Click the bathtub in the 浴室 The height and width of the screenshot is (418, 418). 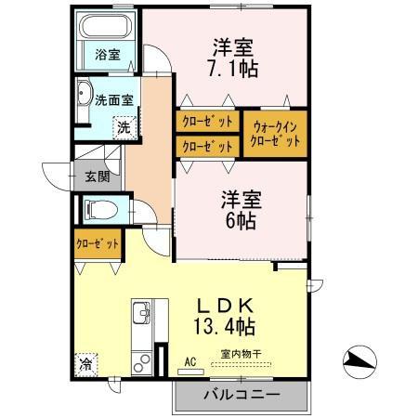pos(106,26)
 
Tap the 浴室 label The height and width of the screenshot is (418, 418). pos(108,55)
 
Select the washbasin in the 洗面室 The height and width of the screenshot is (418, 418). pos(84,93)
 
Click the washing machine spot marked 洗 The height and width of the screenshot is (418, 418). pos(124,127)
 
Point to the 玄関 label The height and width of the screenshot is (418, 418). pos(98,176)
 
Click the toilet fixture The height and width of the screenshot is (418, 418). pos(101,209)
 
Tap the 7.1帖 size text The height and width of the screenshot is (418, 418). pos(233,69)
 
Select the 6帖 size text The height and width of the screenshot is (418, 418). pos(241,221)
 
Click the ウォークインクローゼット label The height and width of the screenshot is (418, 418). pos(275,135)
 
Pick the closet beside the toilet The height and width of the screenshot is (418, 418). pos(98,244)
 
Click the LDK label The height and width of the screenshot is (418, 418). pos(226,306)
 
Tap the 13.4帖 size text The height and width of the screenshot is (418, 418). pos(225,327)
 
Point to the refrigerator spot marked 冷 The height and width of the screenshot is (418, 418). pos(86,364)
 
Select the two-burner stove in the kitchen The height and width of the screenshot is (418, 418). pos(142,364)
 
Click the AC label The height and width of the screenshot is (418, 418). pos(190,361)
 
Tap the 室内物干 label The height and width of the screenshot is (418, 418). pos(242,354)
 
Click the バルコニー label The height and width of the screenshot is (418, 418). pos(242,395)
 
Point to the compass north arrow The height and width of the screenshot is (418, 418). pos(359,361)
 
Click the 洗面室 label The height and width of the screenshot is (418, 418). pos(114,100)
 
